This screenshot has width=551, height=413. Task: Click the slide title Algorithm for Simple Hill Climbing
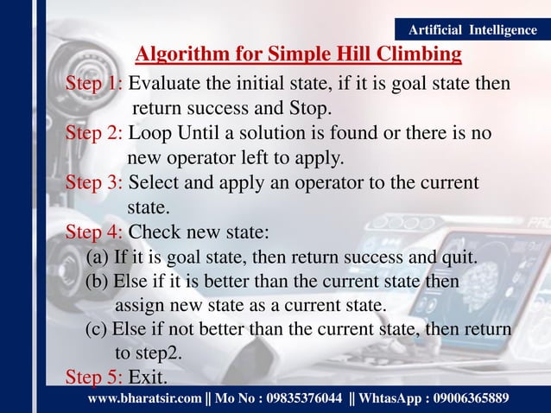298,56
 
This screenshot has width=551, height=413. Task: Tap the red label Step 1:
95,85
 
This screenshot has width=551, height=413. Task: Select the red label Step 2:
95,134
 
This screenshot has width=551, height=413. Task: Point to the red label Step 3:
95,183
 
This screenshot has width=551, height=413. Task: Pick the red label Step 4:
95,232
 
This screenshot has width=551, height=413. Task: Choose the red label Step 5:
95,378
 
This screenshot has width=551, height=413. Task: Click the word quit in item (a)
460,257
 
